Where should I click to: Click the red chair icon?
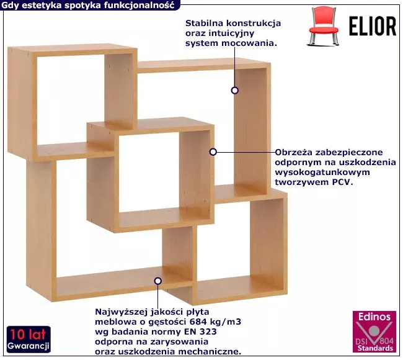coord(324,26)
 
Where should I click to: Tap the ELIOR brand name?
coord(373,26)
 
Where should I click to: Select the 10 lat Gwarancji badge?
coord(29,339)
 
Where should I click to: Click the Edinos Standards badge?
coord(374,331)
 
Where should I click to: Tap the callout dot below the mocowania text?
coord(234,91)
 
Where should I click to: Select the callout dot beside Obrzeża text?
coord(213,152)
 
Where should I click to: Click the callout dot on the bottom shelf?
coord(158,281)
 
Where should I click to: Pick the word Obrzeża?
coord(294,152)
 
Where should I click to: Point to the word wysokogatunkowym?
coord(322,173)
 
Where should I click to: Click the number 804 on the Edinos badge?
coord(386,341)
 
